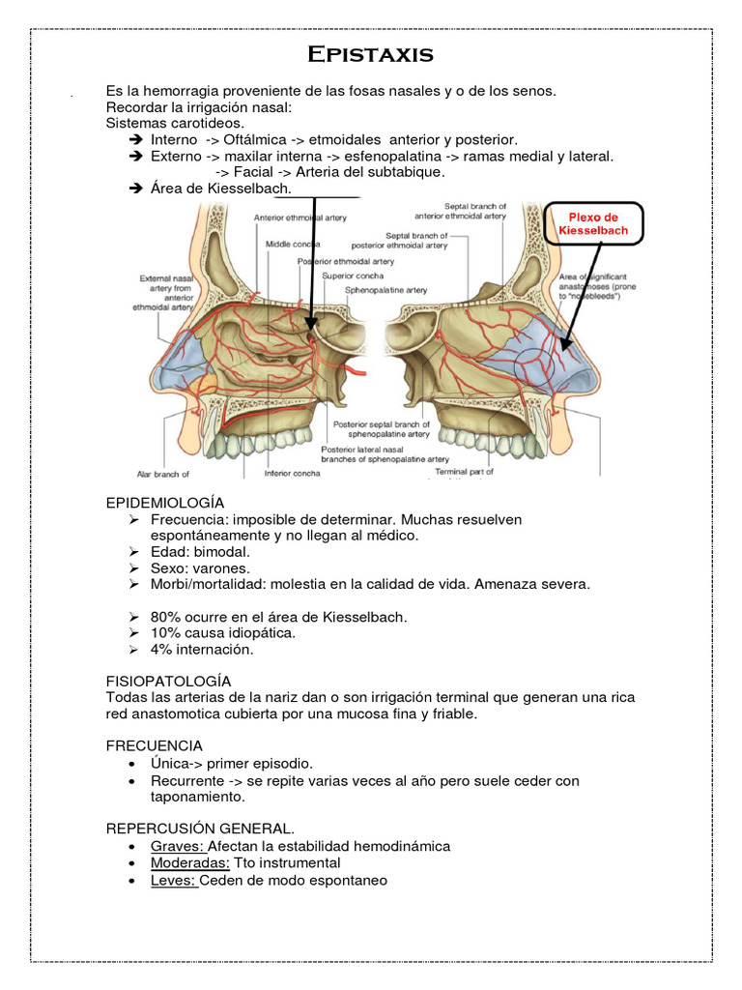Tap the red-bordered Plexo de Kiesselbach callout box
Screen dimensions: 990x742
594,225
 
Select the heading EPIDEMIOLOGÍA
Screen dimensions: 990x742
164,503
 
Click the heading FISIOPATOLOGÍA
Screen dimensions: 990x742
168,681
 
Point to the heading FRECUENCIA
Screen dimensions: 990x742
154,745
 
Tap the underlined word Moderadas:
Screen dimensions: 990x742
190,862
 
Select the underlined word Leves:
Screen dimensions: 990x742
174,880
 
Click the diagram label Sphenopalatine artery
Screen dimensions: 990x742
389,289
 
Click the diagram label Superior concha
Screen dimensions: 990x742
350,276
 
